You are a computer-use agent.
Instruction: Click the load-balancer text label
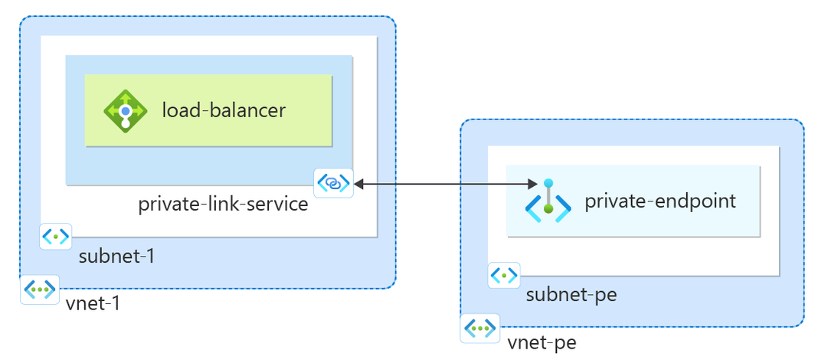[223, 110]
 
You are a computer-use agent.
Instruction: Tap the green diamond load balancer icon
[125, 110]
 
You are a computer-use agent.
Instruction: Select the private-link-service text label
[223, 205]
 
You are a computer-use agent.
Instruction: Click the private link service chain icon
[334, 183]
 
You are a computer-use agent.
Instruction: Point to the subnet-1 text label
[116, 256]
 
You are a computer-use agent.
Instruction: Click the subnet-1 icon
[55, 237]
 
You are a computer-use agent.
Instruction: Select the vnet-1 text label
[93, 303]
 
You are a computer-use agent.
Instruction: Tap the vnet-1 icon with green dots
[39, 289]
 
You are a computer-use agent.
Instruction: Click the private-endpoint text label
[660, 201]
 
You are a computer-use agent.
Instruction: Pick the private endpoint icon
[548, 201]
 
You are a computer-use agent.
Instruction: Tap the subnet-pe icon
[503, 274]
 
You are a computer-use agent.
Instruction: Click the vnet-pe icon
[480, 329]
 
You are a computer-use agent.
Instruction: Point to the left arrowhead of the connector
[358, 184]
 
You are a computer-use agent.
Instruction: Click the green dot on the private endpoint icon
[548, 208]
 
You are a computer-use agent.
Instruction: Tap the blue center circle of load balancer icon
[125, 110]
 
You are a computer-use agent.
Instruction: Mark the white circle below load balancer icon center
[125, 123]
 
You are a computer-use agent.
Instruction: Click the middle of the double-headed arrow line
[444, 184]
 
